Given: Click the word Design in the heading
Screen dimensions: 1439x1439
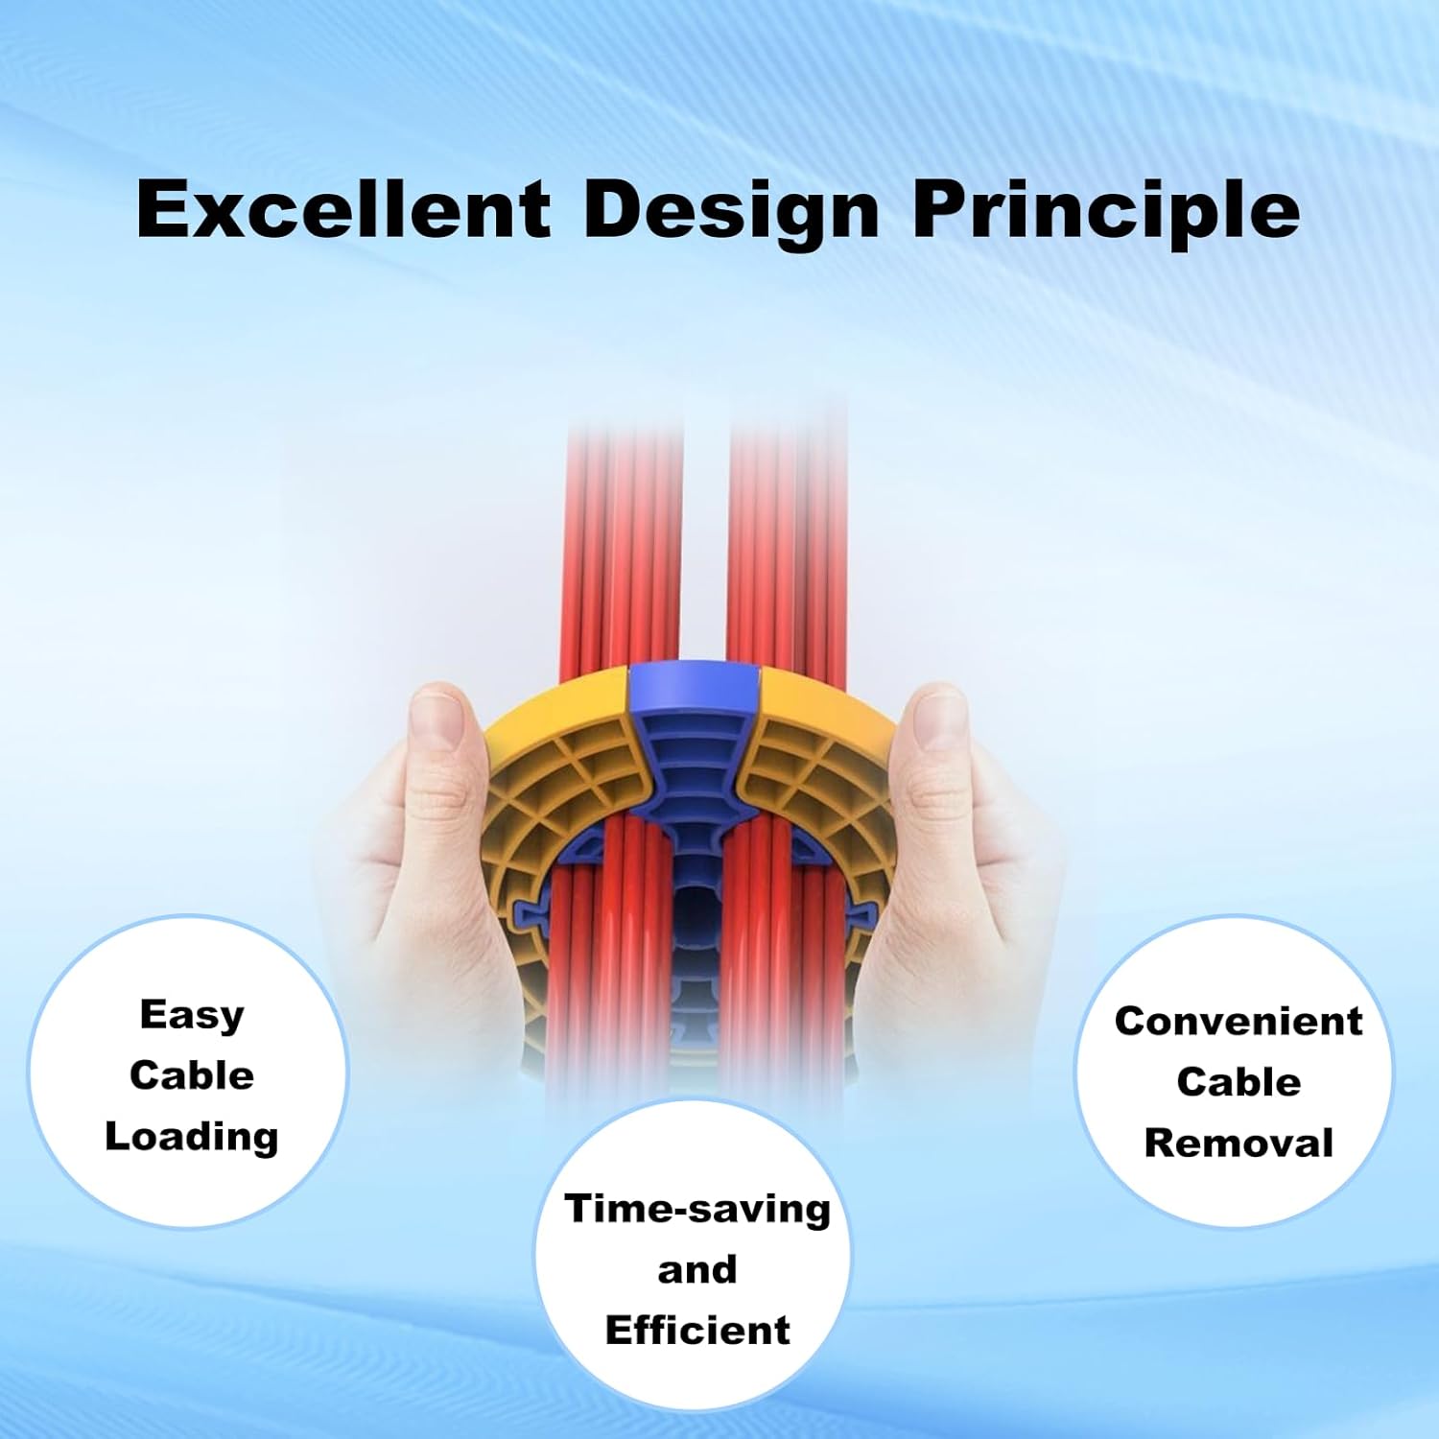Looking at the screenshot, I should (731, 211).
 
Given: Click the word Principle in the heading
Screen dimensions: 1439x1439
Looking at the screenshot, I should (1105, 211).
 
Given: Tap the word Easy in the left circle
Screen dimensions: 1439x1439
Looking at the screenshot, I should (192, 1015).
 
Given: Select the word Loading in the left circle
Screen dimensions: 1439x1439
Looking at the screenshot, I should (192, 1138).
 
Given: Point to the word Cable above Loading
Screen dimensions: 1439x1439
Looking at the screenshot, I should (192, 1075).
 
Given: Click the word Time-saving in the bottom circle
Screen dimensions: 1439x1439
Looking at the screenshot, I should (697, 1209).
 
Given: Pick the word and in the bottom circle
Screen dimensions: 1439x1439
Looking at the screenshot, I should (697, 1270).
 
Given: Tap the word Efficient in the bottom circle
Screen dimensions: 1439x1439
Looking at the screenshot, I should (697, 1331).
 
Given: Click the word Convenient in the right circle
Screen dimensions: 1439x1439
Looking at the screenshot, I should (1238, 1022).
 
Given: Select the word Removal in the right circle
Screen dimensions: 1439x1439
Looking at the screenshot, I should (1238, 1144).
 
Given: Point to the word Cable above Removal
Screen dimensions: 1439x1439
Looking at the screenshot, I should (1238, 1082).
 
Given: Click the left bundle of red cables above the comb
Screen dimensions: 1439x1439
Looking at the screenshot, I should (624, 547).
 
